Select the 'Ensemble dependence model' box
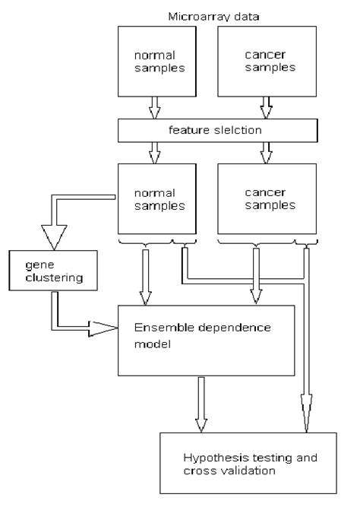click(x=206, y=339)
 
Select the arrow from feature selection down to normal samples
click(x=155, y=154)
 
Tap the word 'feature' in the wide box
click(x=187, y=132)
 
